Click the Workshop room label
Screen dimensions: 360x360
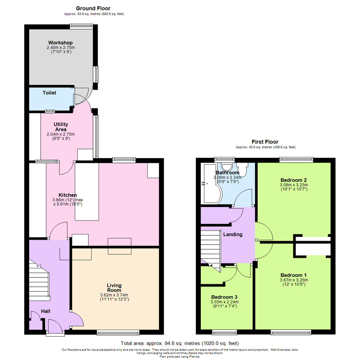[60, 43]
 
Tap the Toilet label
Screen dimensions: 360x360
[49, 93]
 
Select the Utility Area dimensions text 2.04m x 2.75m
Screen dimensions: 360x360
[61, 134]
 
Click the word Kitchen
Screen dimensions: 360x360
[67, 195]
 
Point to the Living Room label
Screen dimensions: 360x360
[114, 288]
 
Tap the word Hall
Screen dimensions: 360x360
[45, 311]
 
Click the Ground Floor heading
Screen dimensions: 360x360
[93, 8]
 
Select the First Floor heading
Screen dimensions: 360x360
[265, 142]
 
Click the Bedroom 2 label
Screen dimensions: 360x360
[294, 180]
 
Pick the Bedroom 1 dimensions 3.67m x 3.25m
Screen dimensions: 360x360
[294, 280]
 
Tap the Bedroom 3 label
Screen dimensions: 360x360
[224, 297]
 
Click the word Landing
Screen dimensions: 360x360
[233, 234]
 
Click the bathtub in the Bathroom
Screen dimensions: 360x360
[211, 183]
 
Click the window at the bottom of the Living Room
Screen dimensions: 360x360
[118, 332]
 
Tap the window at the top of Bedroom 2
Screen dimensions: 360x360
[296, 160]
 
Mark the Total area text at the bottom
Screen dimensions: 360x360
[180, 343]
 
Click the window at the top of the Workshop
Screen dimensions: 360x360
[82, 26]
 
